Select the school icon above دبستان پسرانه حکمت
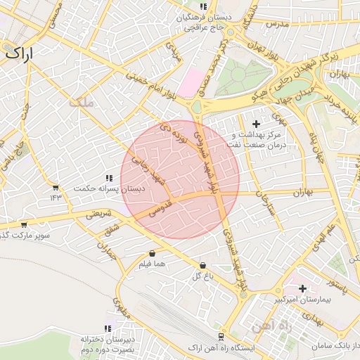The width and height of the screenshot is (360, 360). (108, 178)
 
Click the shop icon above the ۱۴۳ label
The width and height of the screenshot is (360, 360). (56, 188)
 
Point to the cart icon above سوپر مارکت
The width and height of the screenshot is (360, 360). (24, 225)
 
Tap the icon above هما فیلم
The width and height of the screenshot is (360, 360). (153, 253)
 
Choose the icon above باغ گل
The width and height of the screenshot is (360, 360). (203, 266)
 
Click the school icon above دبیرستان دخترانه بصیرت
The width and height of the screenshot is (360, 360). (108, 328)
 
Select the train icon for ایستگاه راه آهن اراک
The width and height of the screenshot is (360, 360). (222, 338)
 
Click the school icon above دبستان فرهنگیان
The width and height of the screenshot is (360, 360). (203, 6)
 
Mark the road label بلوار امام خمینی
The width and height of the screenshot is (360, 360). (149, 85)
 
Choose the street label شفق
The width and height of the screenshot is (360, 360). (111, 229)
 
